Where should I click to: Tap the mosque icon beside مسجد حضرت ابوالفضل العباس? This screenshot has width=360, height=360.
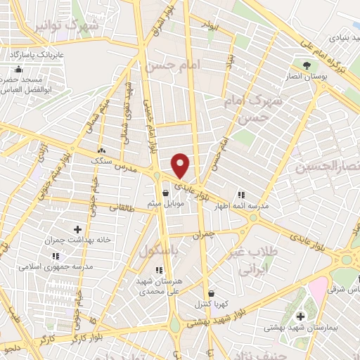click(x=18, y=70)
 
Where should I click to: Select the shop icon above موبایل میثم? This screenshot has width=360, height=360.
click(x=165, y=193)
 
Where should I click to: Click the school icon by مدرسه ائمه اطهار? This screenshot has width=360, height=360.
click(x=241, y=195)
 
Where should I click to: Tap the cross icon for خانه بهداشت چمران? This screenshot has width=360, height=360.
click(x=77, y=229)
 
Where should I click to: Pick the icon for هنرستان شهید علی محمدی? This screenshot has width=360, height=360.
click(x=157, y=269)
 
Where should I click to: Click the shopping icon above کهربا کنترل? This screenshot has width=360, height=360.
click(x=211, y=295)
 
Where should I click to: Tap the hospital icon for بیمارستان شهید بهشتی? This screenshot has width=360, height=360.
click(x=300, y=316)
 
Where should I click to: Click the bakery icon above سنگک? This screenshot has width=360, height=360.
click(x=103, y=150)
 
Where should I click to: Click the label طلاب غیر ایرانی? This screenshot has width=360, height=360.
click(x=256, y=260)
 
